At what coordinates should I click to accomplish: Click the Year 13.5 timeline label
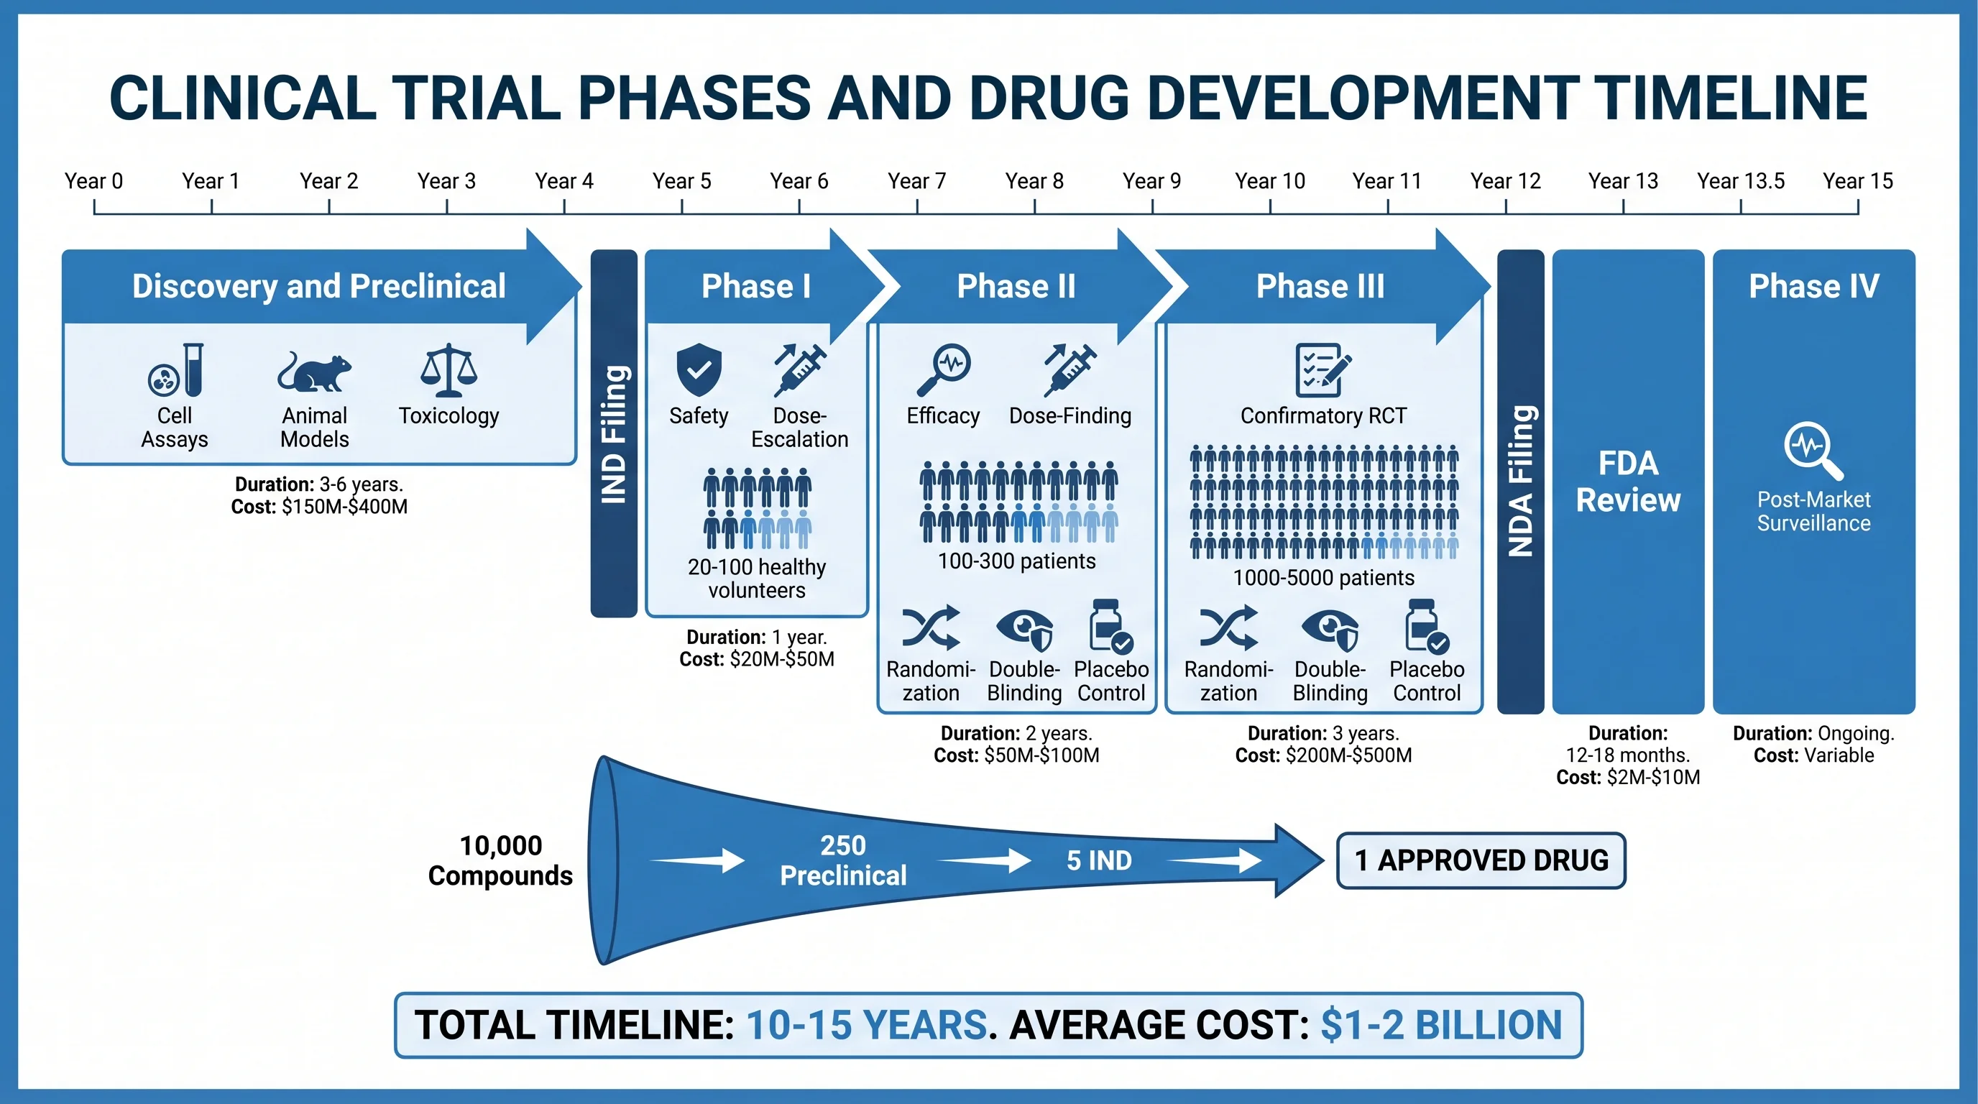click(1740, 181)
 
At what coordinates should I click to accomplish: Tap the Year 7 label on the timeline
click(916, 181)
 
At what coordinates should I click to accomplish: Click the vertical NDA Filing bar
click(1520, 481)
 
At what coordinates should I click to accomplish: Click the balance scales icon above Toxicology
click(448, 370)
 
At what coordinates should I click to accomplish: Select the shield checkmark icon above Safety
click(699, 369)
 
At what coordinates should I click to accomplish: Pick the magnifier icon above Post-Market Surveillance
click(1812, 450)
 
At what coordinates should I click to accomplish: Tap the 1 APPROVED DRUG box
click(1481, 860)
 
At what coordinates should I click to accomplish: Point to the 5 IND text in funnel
click(1099, 860)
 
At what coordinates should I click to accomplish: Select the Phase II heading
click(1015, 286)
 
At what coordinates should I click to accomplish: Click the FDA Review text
click(1628, 482)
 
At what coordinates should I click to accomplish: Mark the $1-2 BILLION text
click(1440, 1025)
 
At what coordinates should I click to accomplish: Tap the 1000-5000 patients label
click(1323, 577)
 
